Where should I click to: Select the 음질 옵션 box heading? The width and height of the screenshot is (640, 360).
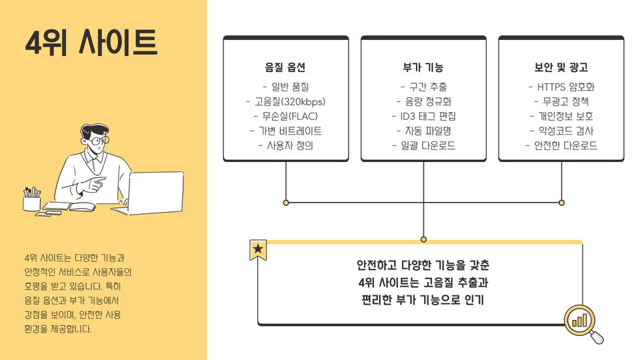click(x=285, y=68)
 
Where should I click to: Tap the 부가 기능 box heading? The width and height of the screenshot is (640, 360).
click(x=423, y=68)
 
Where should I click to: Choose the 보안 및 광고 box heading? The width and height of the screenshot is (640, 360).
click(x=561, y=68)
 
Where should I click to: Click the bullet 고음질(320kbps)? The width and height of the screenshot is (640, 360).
click(x=285, y=101)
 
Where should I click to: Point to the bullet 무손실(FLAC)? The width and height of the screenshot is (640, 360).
click(x=285, y=116)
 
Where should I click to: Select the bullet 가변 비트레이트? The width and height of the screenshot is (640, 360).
click(x=285, y=131)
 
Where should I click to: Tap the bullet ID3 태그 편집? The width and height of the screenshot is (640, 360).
click(x=423, y=116)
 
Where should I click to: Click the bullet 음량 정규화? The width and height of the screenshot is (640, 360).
click(x=423, y=101)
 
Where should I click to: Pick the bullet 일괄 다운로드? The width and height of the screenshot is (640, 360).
click(x=423, y=145)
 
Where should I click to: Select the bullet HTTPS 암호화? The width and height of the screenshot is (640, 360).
click(x=561, y=87)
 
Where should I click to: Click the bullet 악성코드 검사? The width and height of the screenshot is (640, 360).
click(x=561, y=131)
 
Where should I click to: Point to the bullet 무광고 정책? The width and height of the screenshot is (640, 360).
click(x=561, y=101)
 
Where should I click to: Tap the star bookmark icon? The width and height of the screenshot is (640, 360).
click(x=258, y=250)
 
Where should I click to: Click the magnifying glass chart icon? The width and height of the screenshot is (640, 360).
click(x=581, y=321)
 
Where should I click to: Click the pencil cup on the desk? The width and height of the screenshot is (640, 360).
click(x=31, y=200)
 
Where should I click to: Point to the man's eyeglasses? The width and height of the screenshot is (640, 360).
click(x=97, y=141)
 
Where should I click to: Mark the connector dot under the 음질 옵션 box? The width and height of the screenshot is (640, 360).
click(x=285, y=201)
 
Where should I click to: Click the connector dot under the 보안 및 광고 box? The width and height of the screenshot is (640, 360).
click(x=561, y=201)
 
